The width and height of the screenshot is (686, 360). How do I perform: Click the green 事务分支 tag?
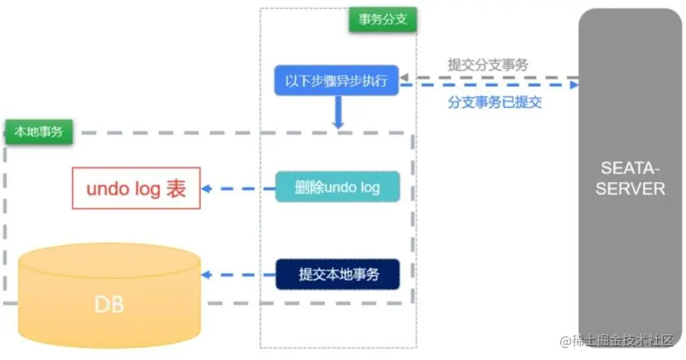383,19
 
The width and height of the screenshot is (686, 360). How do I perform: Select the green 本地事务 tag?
39,132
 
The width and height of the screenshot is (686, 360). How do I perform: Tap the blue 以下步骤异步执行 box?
336,81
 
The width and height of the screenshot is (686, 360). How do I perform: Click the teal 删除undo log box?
337,188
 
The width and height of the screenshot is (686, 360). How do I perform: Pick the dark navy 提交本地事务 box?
338,274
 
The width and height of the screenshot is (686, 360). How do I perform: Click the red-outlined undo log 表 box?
136,189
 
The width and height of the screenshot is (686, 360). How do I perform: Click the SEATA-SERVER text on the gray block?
630,179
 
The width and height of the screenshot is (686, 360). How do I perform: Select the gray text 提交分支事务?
488,64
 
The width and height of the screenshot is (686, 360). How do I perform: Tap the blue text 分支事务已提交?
495,102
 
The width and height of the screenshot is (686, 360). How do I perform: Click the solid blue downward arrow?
338,114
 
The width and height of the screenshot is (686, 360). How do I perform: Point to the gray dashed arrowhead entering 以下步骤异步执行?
403,77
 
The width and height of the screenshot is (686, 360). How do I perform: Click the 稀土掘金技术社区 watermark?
621,342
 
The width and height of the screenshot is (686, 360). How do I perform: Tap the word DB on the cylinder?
109,305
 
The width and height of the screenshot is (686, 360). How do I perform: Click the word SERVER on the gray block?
630,189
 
